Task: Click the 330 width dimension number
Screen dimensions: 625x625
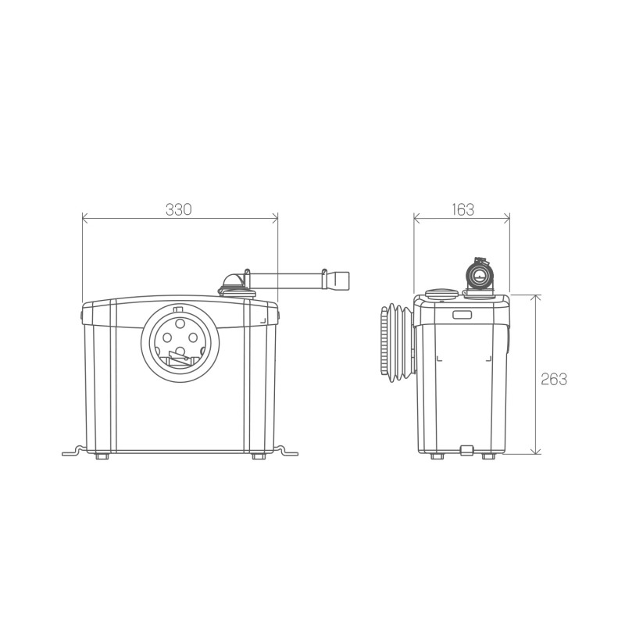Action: click(x=179, y=209)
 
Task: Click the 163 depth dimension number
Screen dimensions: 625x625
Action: click(x=462, y=209)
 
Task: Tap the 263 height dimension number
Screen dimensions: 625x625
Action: click(x=554, y=379)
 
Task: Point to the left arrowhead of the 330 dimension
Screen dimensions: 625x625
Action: click(x=85, y=218)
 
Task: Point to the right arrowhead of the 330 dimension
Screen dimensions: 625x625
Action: click(x=275, y=218)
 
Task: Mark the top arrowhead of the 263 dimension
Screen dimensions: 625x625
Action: click(x=537, y=298)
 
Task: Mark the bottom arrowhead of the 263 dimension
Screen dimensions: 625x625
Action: click(x=537, y=451)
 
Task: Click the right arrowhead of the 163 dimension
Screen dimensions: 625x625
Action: click(x=507, y=218)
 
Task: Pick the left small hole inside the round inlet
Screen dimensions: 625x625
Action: click(x=167, y=338)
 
